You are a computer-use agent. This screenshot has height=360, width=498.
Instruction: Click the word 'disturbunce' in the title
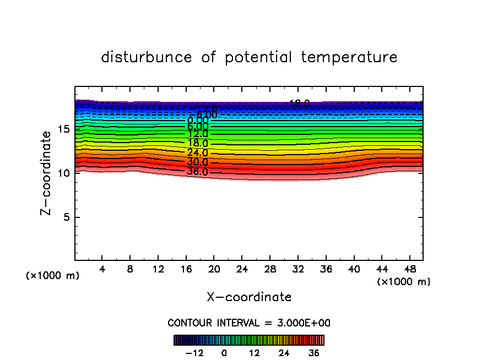pos(147,57)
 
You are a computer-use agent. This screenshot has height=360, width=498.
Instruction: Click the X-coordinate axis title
pos(249,297)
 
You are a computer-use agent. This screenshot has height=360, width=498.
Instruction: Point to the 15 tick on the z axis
pos(64,129)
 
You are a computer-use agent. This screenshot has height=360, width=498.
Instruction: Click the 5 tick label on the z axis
pos(64,217)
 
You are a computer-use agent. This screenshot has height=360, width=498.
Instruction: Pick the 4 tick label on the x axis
pos(102,269)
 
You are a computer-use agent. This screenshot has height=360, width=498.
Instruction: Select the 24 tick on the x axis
pos(242,269)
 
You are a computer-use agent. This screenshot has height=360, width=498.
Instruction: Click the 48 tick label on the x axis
pos(409,269)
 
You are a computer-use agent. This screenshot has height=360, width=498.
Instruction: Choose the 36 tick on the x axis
pos(326,269)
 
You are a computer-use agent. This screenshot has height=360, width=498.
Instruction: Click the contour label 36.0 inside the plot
pos(197,172)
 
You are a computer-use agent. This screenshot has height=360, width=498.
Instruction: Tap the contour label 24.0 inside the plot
pos(197,152)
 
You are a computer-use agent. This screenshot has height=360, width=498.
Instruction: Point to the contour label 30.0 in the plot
pos(197,162)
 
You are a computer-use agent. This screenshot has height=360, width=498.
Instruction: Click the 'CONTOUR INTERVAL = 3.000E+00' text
pos(249,323)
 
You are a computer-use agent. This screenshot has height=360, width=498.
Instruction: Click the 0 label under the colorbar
pos(224,353)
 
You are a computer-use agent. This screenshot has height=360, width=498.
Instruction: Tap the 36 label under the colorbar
pos(313,353)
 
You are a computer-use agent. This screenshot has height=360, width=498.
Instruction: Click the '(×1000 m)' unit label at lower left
pos(53,276)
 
